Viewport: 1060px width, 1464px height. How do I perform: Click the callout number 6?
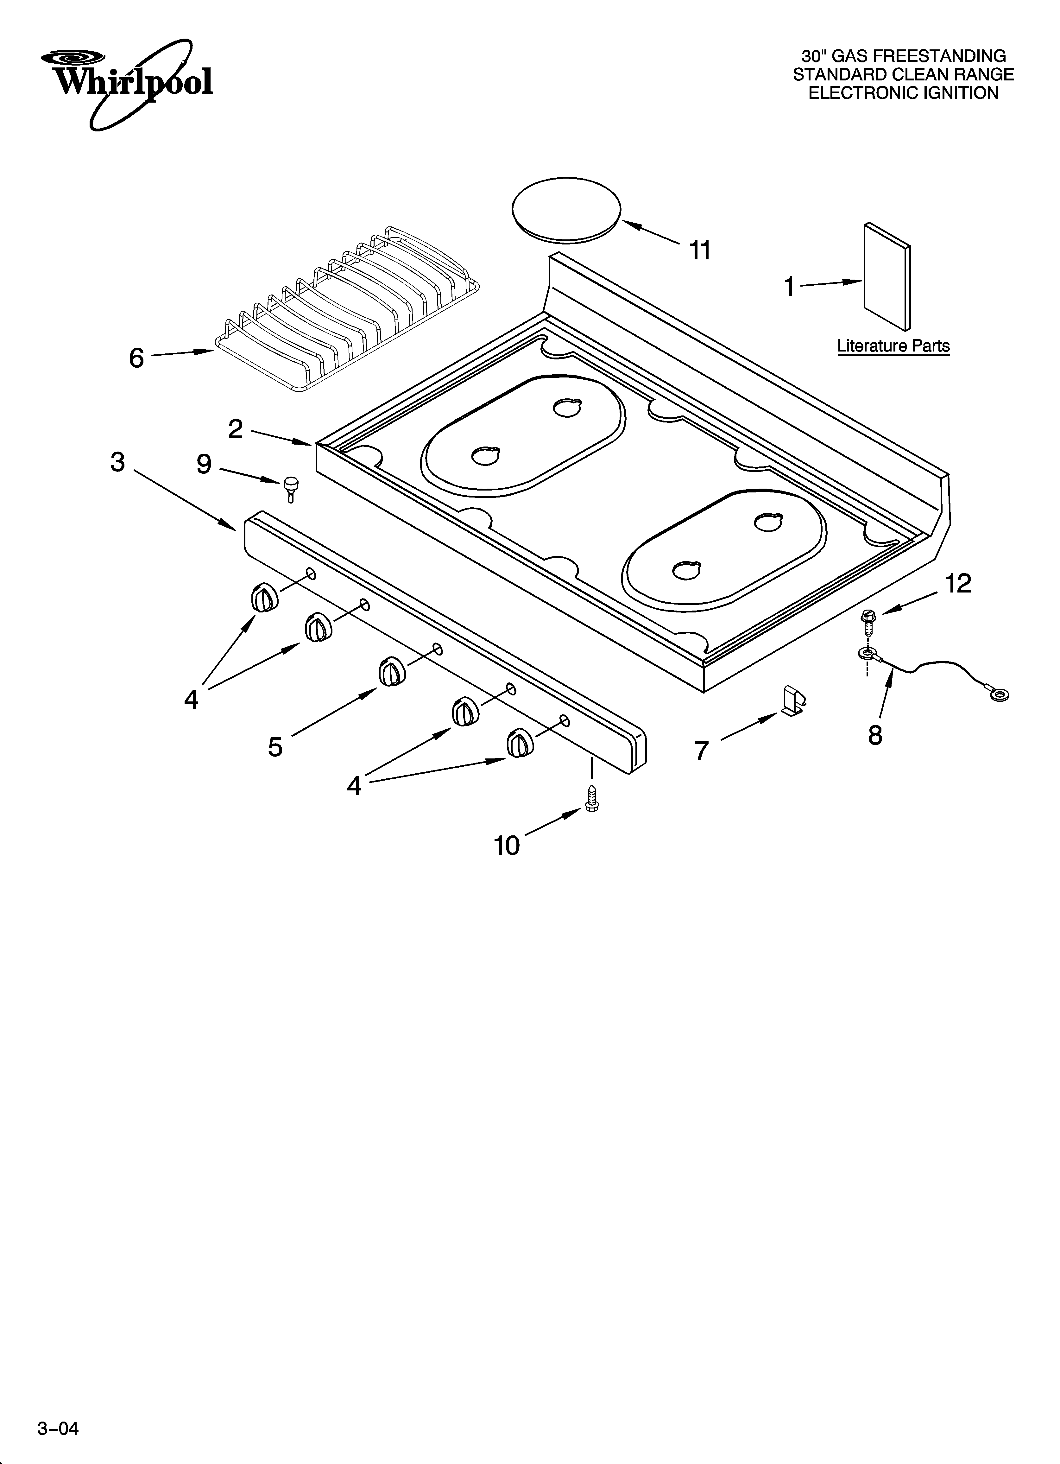(x=136, y=358)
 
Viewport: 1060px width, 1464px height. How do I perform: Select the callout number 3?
(x=117, y=462)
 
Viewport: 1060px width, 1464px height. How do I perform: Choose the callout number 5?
(x=276, y=747)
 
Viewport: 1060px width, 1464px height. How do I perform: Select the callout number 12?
(x=958, y=584)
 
